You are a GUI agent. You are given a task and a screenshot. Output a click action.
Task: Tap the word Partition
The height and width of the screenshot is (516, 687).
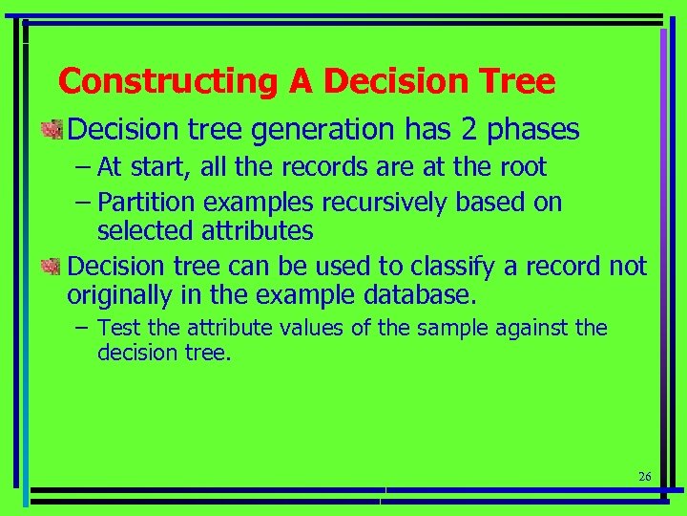click(141, 203)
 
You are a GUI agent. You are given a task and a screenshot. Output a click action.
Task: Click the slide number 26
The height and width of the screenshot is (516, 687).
click(643, 477)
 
